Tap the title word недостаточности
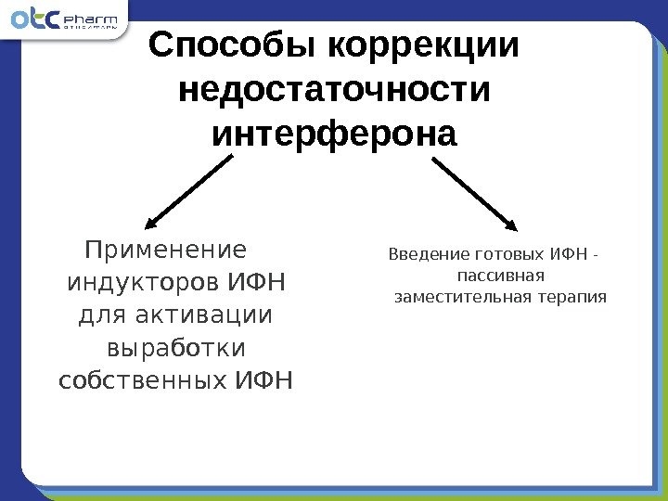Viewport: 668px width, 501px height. coord(334,91)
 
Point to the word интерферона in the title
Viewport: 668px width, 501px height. coord(335,135)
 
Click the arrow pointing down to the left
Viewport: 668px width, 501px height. coord(189,191)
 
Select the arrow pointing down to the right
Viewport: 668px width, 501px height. coord(475,191)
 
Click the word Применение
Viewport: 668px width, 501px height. coord(166,250)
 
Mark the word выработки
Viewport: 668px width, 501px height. coord(176,348)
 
